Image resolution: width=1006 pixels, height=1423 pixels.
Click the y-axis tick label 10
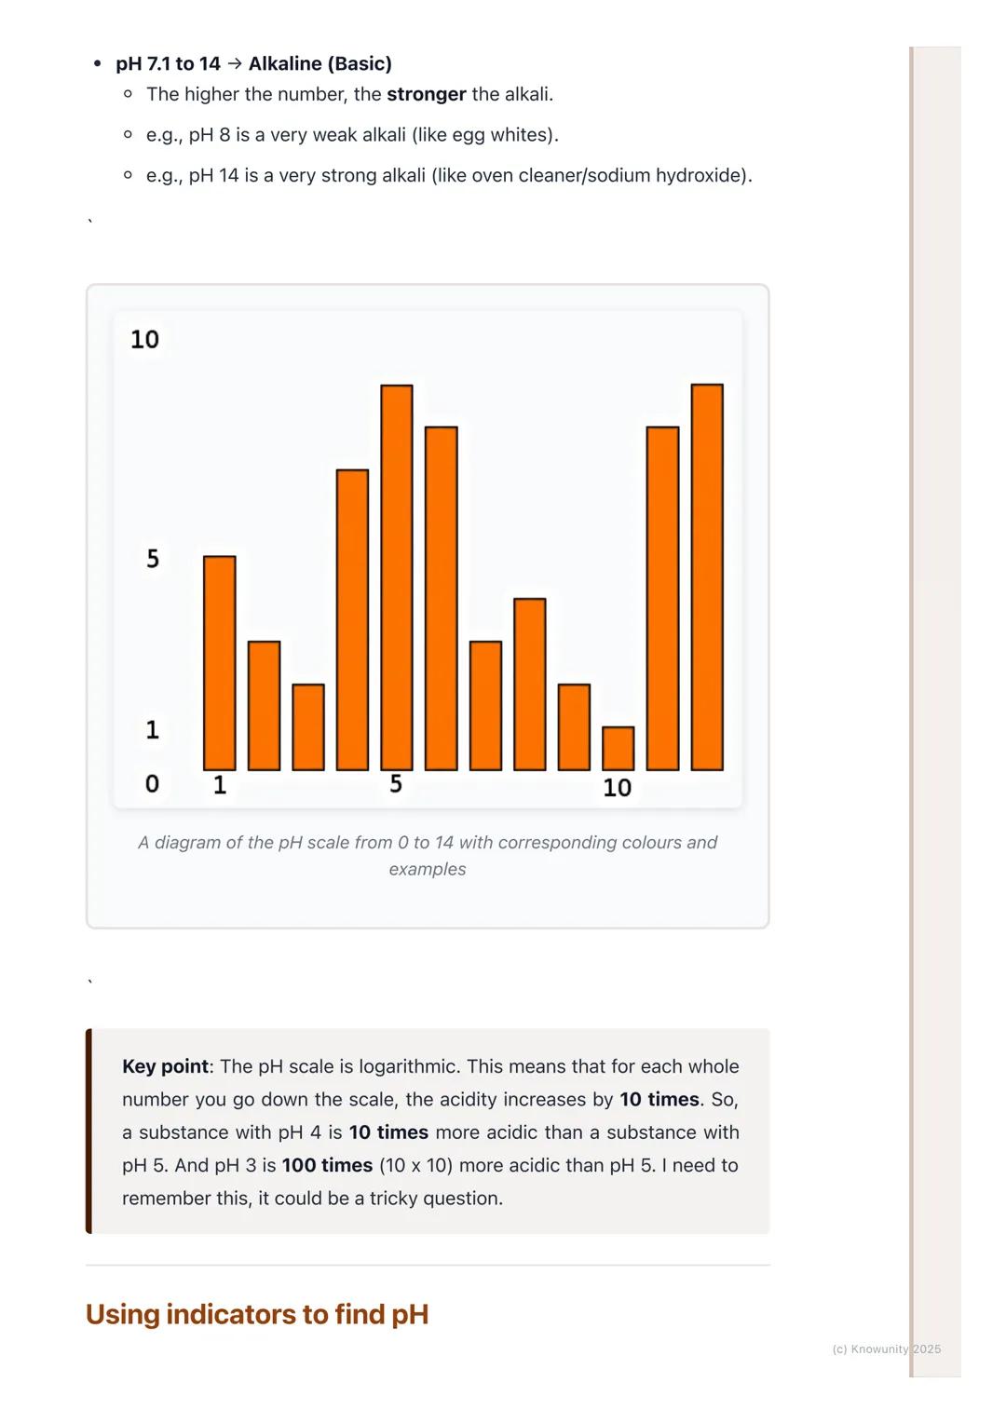coord(144,340)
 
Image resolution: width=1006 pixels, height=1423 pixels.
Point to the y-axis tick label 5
coord(153,559)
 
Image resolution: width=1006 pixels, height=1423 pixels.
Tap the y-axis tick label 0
coord(152,784)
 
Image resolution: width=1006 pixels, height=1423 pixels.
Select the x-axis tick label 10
coord(617,788)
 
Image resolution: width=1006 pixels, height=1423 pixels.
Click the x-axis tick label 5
coord(396,784)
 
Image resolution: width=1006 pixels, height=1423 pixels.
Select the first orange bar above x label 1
coord(220,663)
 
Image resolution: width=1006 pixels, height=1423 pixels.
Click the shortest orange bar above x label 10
coord(619,749)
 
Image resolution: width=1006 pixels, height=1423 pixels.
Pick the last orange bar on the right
coord(707,577)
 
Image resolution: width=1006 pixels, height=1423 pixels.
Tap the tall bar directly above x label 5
coord(397,577)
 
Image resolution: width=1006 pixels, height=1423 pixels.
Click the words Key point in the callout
coord(165,1066)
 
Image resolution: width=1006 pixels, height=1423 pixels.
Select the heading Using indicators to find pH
coord(257,1314)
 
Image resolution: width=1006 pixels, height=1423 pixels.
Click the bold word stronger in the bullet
coord(427,94)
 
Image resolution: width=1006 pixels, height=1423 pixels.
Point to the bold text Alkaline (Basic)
coord(320,63)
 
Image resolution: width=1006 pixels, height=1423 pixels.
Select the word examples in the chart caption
coord(428,869)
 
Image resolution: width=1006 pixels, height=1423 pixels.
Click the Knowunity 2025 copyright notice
coord(886,1348)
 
